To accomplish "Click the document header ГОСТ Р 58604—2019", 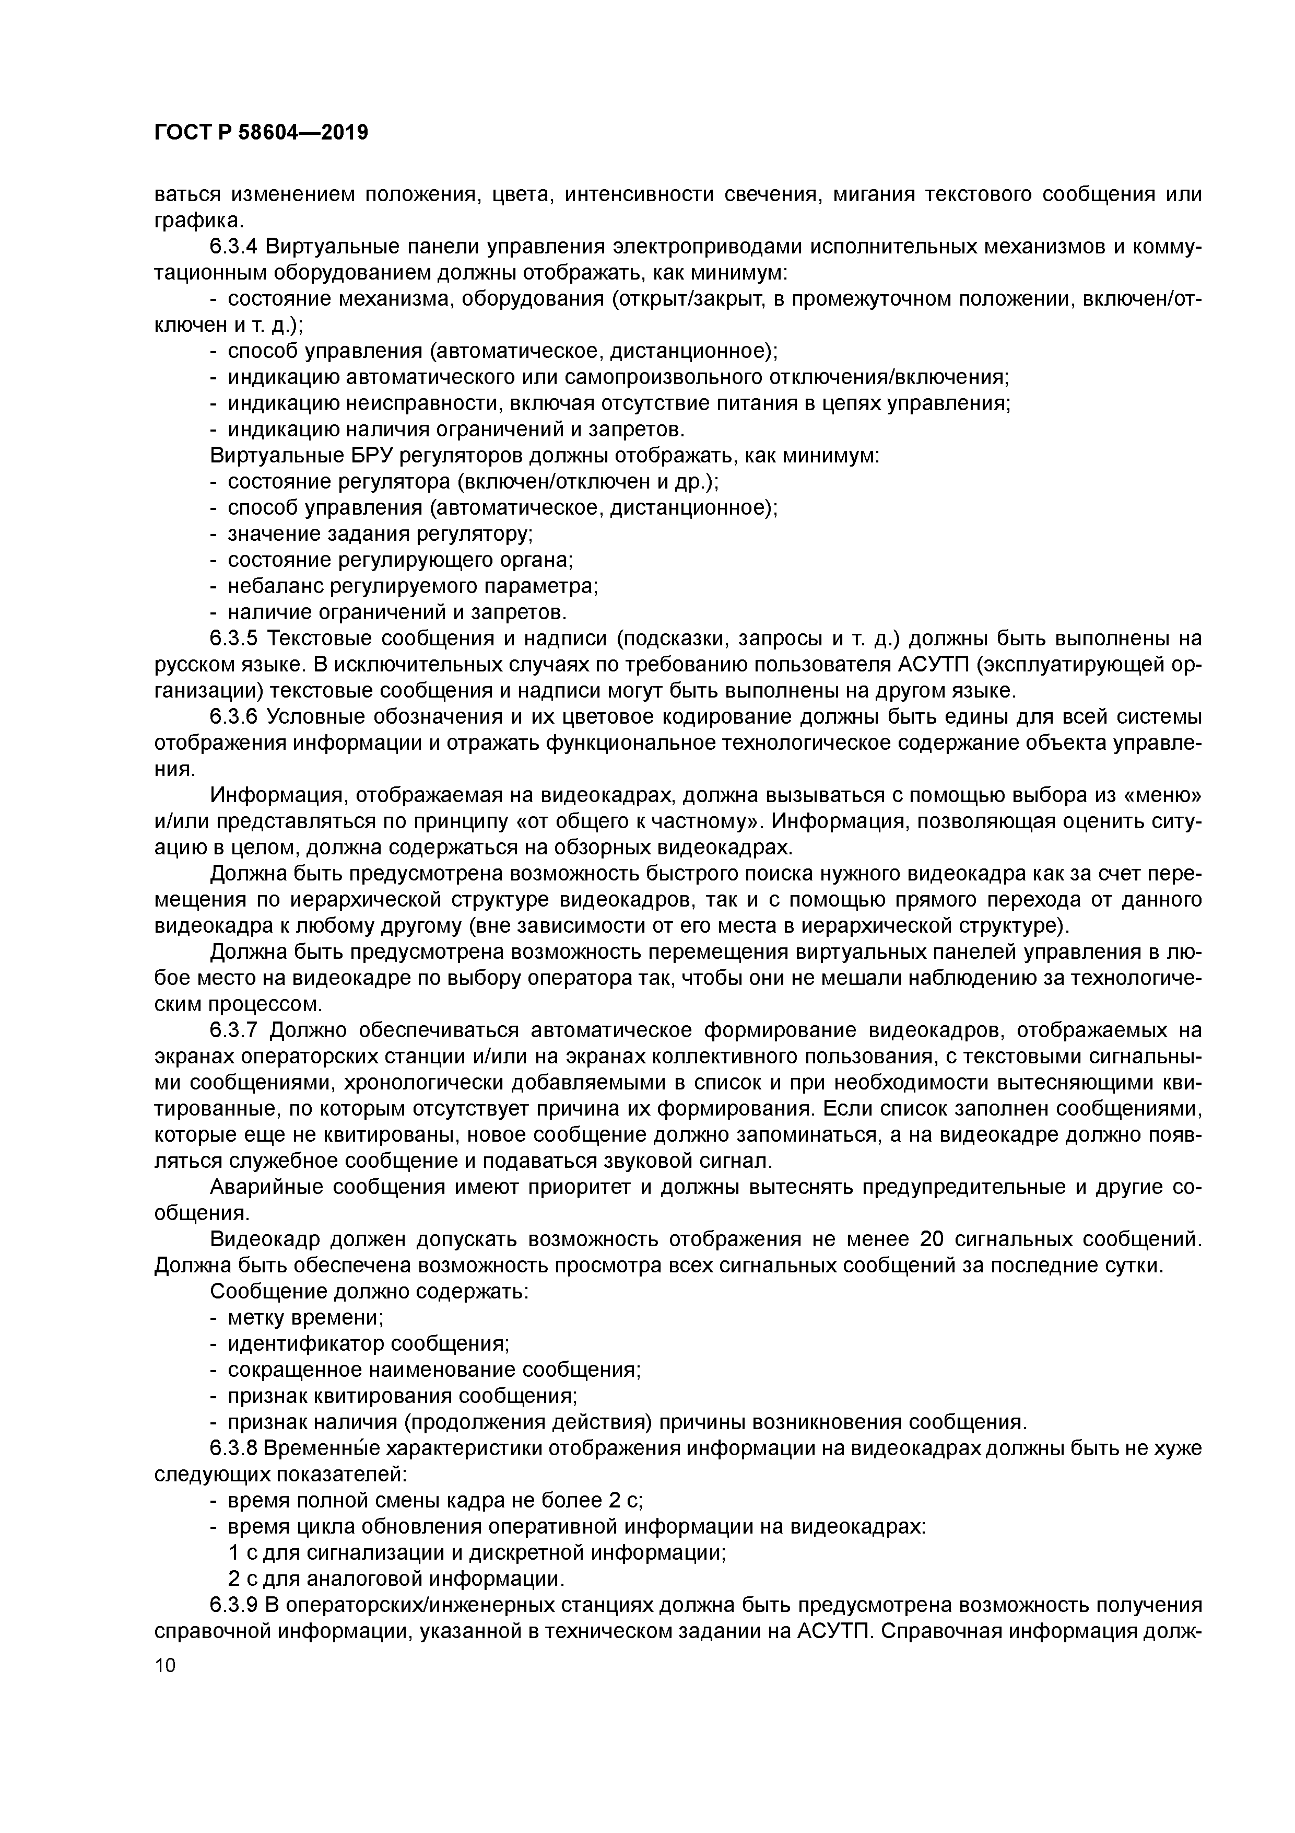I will (x=261, y=133).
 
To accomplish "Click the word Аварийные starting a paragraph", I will (x=266, y=1187).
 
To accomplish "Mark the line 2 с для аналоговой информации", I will (x=396, y=1579).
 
